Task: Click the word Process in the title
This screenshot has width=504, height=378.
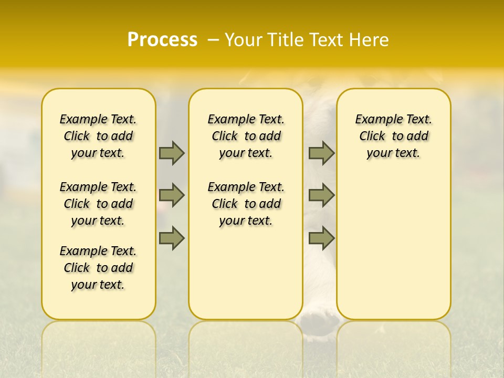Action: coord(162,39)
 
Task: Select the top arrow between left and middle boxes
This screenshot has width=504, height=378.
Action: coord(172,153)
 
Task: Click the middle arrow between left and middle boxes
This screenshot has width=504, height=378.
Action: coord(172,195)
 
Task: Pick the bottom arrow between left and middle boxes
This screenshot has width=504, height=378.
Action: coord(172,238)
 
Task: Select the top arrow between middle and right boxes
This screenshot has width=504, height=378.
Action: coord(321,153)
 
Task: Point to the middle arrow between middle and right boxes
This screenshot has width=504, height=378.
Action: coord(321,195)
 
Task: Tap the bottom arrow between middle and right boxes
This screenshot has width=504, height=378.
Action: coord(321,238)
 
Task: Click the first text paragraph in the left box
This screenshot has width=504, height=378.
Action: coord(98,136)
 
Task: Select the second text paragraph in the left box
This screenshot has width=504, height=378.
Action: coord(98,204)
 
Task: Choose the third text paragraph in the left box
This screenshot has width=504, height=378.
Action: coord(98,268)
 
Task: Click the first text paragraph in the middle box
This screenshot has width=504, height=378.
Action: coord(246,136)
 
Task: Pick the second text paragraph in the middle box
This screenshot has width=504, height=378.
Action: coord(246,204)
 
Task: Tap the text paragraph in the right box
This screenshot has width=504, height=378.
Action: coord(394,136)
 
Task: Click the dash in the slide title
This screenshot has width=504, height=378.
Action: coord(213,40)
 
